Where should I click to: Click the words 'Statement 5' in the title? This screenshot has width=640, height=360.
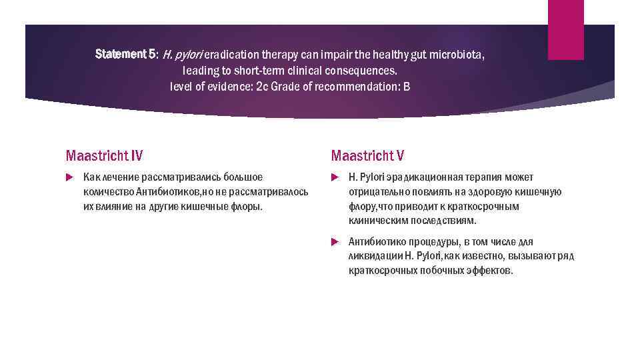coord(125,53)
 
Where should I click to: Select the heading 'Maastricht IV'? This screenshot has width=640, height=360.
coord(104,156)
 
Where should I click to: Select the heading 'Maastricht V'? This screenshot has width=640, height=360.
coord(367,156)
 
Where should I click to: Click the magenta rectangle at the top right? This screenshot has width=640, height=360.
coord(565,29)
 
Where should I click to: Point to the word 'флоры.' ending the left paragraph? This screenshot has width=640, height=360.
coord(246,207)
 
